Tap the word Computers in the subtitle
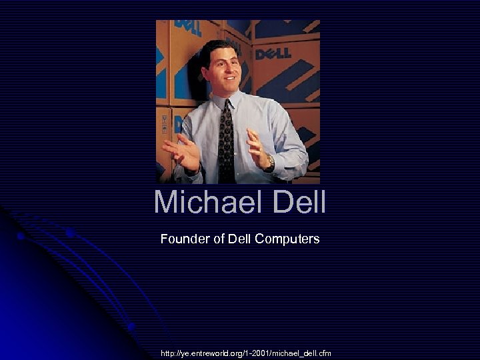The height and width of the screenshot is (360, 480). (x=289, y=239)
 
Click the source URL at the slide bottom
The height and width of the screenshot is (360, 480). (x=245, y=352)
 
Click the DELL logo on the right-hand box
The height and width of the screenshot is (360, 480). (x=273, y=51)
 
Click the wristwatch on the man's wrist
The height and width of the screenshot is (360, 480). (x=269, y=162)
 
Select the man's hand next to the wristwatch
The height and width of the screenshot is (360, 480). (x=257, y=149)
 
